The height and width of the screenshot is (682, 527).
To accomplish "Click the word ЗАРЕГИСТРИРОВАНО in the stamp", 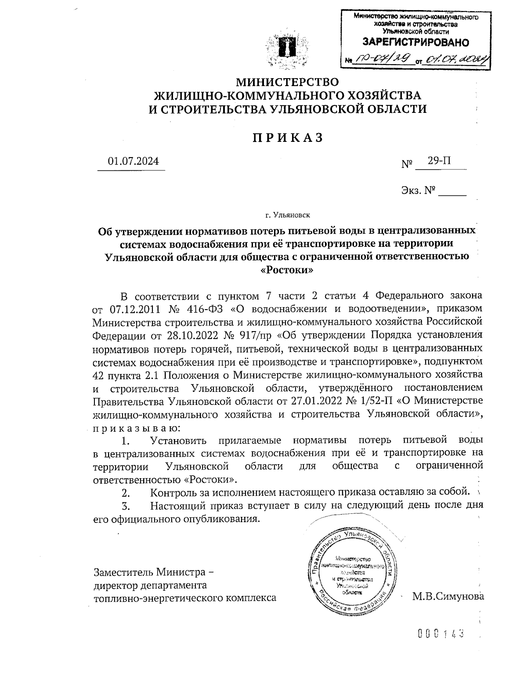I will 415,43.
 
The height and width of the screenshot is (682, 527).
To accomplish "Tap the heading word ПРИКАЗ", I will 288,137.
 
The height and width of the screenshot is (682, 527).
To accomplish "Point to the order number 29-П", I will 440,161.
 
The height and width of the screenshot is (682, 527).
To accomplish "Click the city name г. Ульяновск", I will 288,215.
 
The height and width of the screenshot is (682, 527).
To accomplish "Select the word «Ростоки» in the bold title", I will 287,270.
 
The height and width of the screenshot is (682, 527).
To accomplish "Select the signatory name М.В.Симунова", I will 448,596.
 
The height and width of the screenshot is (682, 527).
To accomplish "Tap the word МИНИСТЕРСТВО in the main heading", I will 288,82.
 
